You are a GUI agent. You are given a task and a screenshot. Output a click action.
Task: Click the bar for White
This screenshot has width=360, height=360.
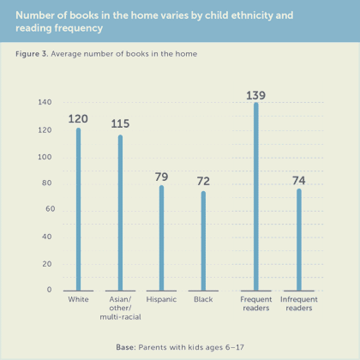point(78,209)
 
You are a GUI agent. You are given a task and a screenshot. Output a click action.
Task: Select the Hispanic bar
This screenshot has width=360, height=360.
point(161,238)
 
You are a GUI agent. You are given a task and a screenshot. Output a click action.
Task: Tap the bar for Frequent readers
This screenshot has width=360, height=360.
point(256,196)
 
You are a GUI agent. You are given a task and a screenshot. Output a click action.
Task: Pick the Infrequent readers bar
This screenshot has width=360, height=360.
point(299,240)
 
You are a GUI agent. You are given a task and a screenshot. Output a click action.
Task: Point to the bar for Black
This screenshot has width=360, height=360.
point(203,241)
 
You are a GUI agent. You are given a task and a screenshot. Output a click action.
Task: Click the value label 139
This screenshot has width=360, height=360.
point(255,95)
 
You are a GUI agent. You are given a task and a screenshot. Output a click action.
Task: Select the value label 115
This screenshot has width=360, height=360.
point(120,123)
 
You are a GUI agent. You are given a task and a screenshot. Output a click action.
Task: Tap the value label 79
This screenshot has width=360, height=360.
point(161,177)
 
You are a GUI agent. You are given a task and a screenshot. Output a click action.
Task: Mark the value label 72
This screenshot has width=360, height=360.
point(203,181)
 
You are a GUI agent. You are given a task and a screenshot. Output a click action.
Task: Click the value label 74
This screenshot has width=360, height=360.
point(299,181)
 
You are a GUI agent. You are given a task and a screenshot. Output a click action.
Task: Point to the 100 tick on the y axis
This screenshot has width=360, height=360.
point(45,157)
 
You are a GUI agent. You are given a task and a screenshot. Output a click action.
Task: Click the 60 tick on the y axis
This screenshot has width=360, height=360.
point(50,209)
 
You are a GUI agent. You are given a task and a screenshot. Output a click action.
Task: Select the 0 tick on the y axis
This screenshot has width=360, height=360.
point(49,290)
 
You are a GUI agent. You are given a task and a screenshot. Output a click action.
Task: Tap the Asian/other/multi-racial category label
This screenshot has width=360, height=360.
point(120,308)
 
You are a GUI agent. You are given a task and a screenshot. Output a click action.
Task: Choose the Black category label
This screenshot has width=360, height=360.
point(203,299)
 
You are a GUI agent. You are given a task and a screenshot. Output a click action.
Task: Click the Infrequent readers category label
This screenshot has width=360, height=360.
point(299,303)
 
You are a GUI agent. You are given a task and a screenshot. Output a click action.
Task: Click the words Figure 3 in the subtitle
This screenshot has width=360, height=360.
point(32,54)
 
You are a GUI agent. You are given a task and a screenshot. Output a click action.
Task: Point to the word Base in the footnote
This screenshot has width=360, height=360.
point(124,347)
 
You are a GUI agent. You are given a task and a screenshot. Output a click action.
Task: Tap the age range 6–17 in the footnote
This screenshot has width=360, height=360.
point(235,347)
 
